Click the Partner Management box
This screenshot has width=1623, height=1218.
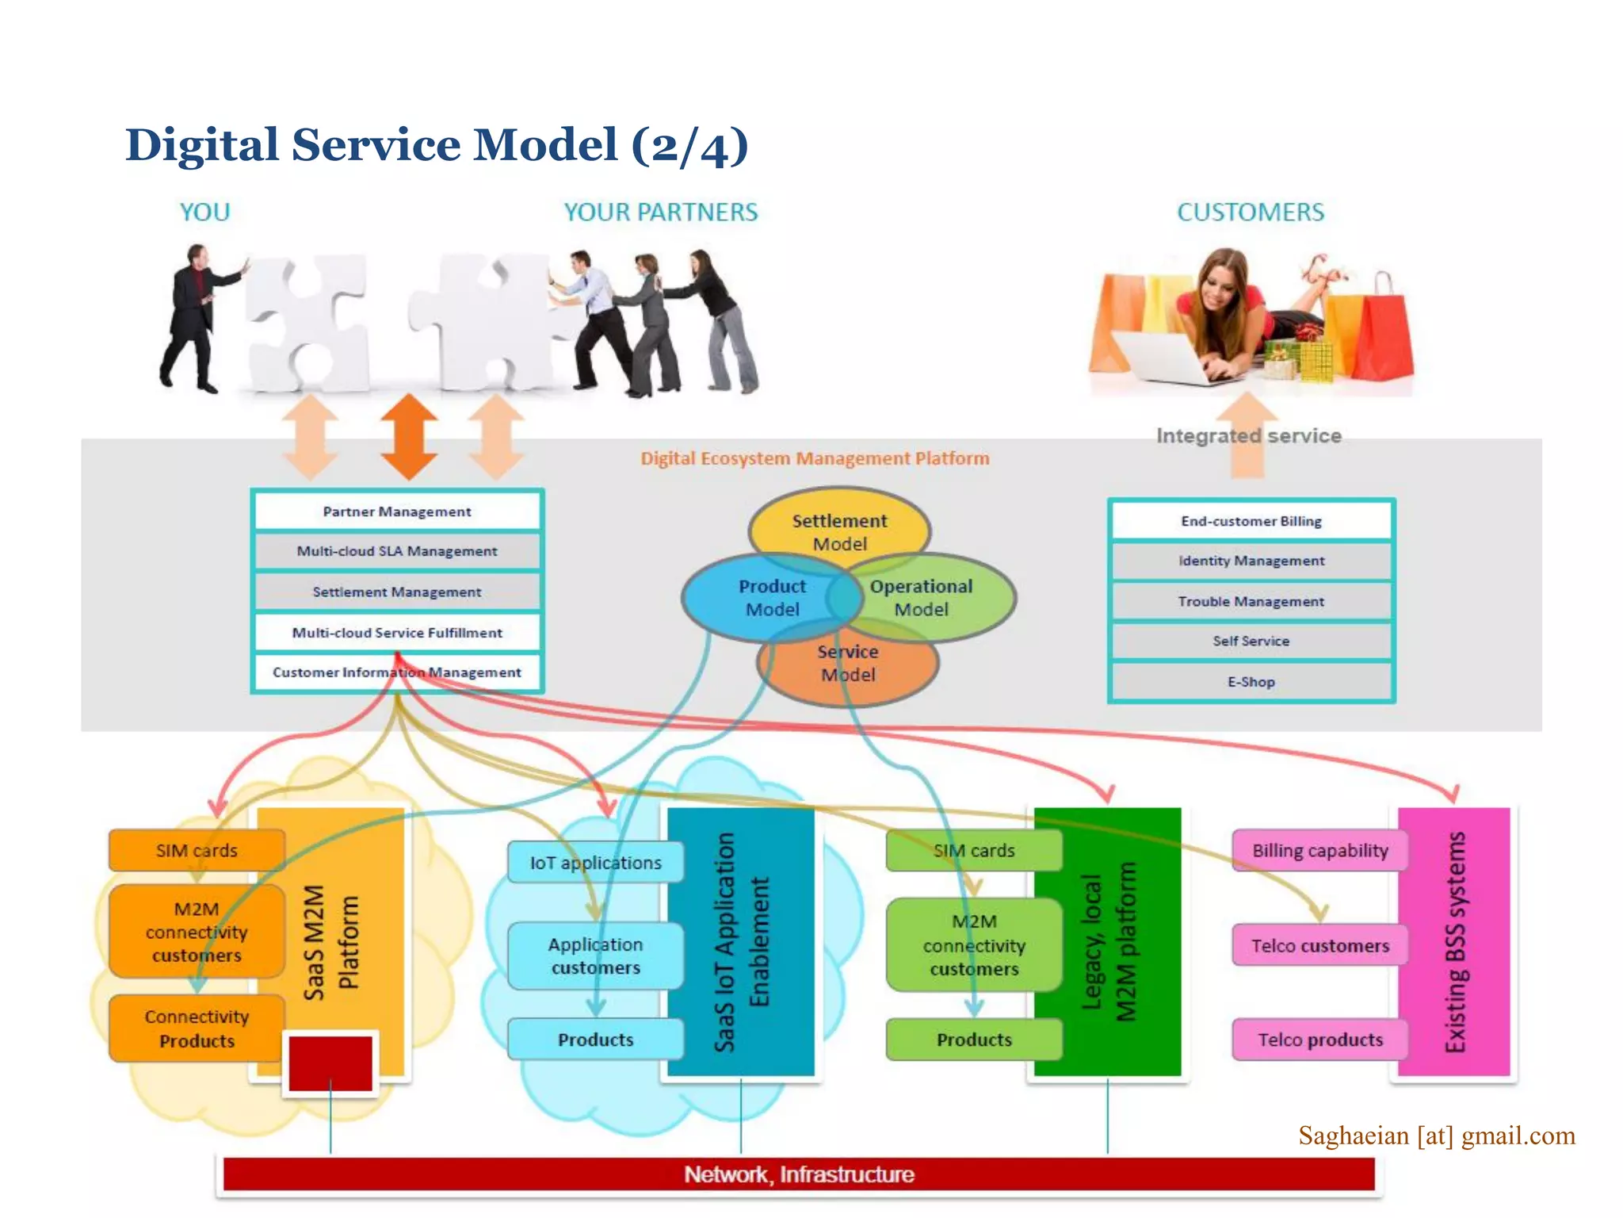pos(396,511)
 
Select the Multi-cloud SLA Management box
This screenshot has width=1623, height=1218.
pos(396,551)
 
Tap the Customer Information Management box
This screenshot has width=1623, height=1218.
pos(396,672)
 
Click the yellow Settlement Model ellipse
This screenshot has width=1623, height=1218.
pos(839,524)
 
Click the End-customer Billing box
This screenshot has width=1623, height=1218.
pos(1251,521)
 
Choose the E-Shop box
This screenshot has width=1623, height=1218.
pos(1251,682)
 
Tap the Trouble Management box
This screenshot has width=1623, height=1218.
pos(1251,601)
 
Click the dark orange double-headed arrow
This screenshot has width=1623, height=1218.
pos(409,437)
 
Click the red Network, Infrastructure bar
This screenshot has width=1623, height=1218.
pos(799,1174)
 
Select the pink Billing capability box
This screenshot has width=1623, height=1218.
pos(1319,851)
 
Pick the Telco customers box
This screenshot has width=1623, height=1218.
pos(1319,945)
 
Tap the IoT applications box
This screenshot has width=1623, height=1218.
pos(595,863)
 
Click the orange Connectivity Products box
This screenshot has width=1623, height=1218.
pos(197,1028)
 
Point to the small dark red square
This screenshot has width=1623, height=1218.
pos(330,1063)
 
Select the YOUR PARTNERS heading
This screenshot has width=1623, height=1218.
pos(660,213)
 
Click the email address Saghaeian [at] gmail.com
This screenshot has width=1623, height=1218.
pos(1436,1136)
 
